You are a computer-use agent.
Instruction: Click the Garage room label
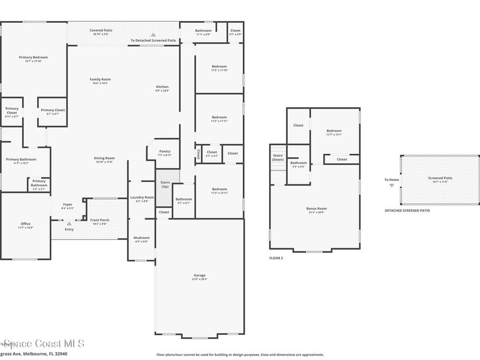(x=200, y=275)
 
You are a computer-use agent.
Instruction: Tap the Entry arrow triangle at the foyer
(x=69, y=224)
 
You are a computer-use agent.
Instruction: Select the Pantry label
(x=165, y=151)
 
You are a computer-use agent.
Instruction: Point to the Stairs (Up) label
(x=165, y=184)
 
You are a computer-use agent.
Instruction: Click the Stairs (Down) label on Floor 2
(x=278, y=157)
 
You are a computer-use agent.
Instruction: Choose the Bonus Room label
(x=316, y=209)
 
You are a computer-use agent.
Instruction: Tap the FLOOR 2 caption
(x=276, y=258)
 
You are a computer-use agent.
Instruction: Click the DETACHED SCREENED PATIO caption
(x=407, y=210)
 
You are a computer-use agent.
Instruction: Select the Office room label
(x=25, y=224)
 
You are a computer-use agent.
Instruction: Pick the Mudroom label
(x=142, y=238)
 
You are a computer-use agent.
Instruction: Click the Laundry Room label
(x=142, y=197)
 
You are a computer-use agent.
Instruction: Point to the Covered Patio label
(x=101, y=30)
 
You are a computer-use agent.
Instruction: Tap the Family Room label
(x=100, y=79)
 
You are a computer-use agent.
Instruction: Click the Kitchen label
(x=162, y=87)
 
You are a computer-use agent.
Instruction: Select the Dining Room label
(x=105, y=158)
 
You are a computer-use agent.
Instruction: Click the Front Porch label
(x=100, y=220)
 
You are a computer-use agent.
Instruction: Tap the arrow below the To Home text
(x=391, y=186)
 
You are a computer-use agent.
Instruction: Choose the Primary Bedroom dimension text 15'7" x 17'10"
(x=33, y=61)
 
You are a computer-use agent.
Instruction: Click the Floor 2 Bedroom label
(x=334, y=131)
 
